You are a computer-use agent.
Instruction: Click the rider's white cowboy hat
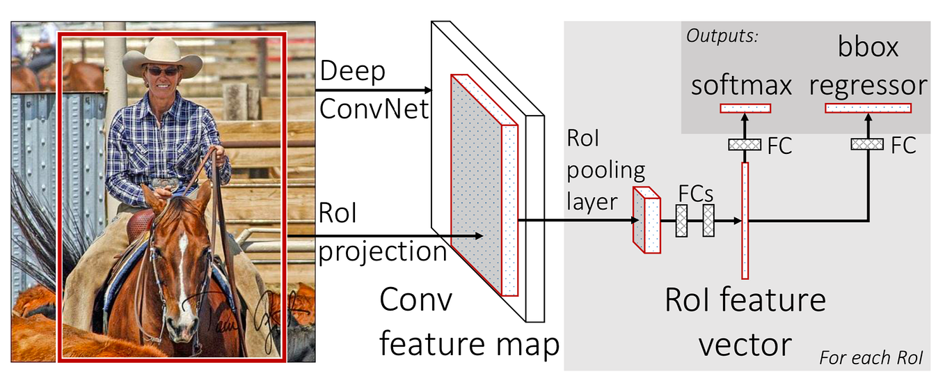coord(162,56)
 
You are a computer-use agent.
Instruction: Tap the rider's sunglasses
coord(162,71)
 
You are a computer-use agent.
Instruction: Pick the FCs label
coord(697,192)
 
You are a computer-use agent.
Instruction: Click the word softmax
coord(742,85)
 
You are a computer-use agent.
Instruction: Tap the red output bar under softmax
coord(745,108)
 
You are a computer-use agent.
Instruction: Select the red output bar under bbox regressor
coord(868,108)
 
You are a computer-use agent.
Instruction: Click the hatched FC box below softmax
coord(745,144)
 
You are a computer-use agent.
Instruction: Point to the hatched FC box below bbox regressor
coord(867,144)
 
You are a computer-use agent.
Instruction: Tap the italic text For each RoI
coord(871,359)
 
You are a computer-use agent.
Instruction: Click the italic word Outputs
coord(721,36)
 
